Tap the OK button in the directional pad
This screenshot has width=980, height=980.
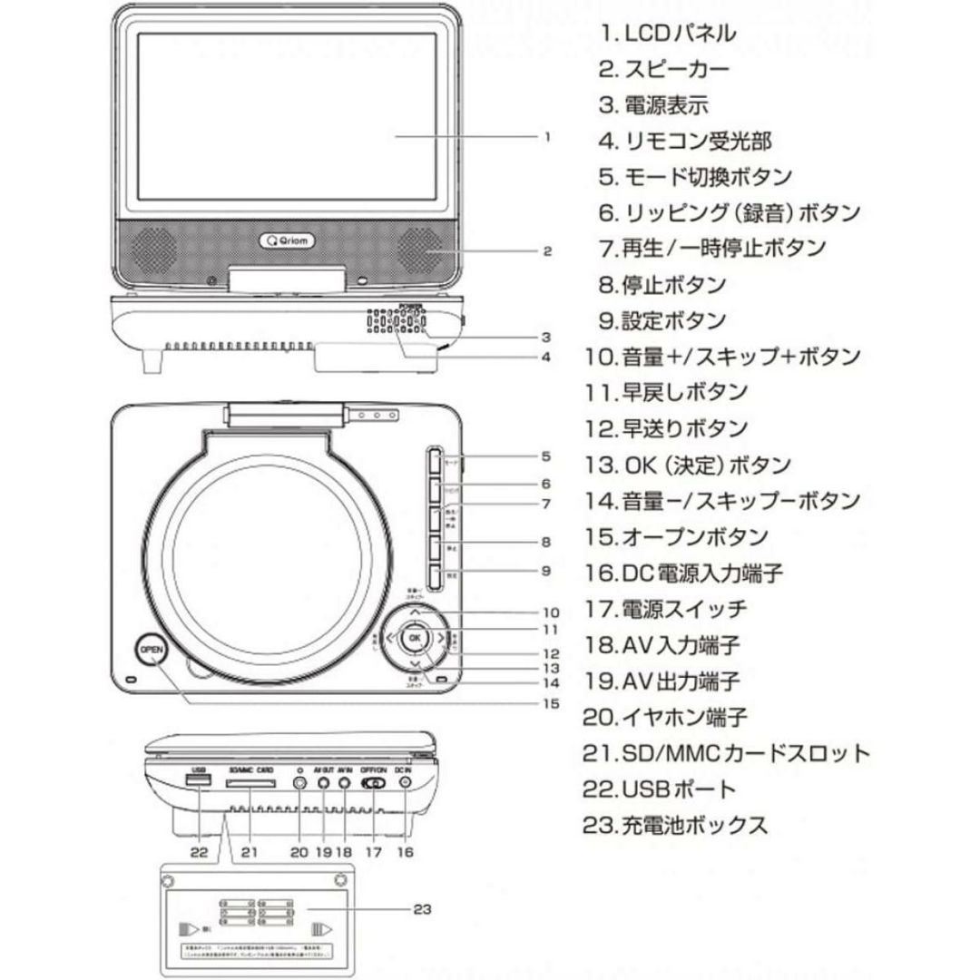pyautogui.click(x=415, y=638)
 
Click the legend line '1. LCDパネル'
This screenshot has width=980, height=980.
pyautogui.click(x=667, y=34)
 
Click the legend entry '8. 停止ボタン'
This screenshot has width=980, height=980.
pyautogui.click(x=661, y=284)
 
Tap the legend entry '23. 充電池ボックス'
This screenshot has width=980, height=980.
pyautogui.click(x=675, y=825)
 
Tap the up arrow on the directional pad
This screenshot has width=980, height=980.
pyautogui.click(x=414, y=613)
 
